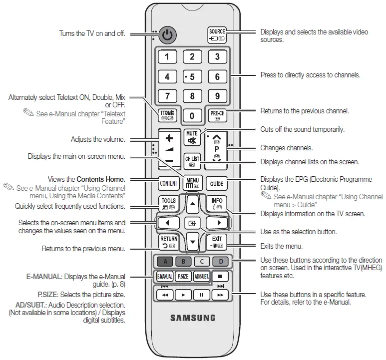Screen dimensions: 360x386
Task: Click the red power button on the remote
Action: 168,35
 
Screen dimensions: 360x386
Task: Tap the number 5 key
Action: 192,77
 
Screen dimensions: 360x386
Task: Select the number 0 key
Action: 192,116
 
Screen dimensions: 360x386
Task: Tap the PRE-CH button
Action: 217,115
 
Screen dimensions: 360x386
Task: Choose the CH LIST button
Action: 192,160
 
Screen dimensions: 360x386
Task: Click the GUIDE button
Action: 217,183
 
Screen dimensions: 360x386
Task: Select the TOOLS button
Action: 168,204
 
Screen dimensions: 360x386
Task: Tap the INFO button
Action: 217,204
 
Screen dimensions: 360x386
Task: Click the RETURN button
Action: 168,242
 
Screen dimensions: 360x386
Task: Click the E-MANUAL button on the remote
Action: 165,276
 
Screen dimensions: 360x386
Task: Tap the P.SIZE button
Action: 183,276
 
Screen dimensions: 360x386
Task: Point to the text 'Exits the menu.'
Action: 282,246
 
